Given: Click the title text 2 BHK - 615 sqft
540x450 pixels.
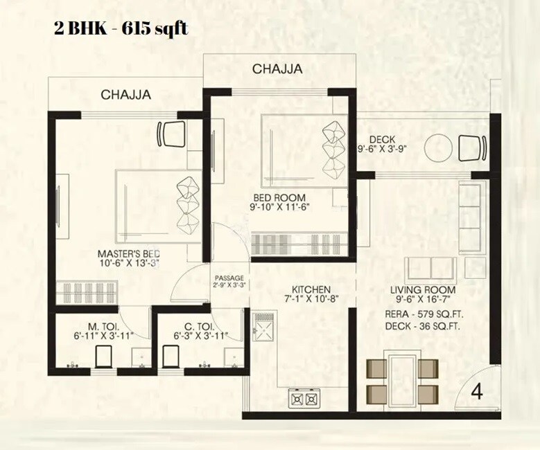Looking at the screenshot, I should click(120, 29).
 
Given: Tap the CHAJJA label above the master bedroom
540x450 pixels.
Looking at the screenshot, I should click(126, 95).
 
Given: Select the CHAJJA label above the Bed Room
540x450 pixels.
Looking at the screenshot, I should click(277, 69).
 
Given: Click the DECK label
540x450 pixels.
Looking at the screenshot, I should click(382, 138).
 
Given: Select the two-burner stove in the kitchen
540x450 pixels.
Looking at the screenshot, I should click(305, 399).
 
